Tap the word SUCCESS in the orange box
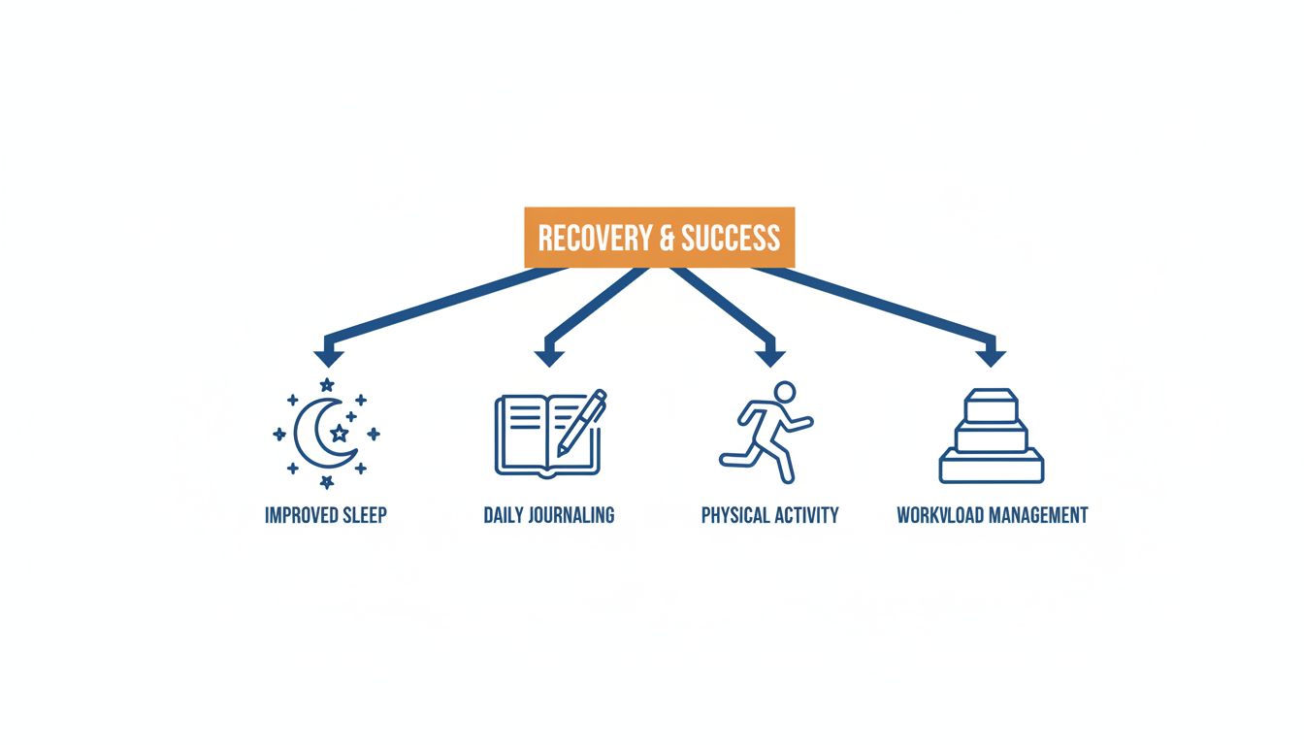click(731, 238)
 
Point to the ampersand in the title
click(661, 238)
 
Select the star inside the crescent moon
click(339, 433)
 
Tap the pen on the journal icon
click(582, 422)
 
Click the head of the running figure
click(784, 393)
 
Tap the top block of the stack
click(991, 405)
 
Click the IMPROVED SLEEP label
click(326, 515)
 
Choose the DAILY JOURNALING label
click(549, 515)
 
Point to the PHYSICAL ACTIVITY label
click(770, 515)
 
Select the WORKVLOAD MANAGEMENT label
click(992, 515)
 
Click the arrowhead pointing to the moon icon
click(329, 356)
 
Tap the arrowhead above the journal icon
click(549, 356)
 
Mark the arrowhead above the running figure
click(770, 356)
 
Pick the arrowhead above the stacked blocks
click(991, 356)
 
